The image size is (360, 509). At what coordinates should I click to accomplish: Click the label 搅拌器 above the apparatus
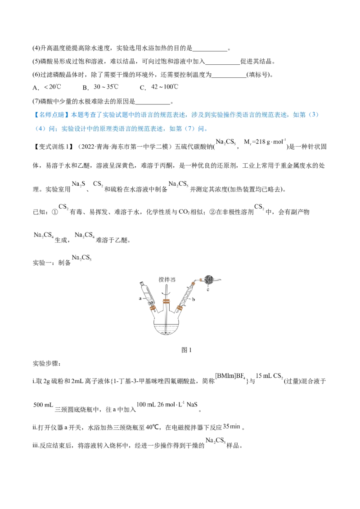click(x=167, y=279)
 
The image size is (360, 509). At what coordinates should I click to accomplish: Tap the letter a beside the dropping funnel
click(x=140, y=298)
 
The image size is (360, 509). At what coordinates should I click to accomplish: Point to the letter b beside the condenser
click(x=193, y=299)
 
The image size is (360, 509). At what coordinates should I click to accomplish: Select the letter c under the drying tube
click(x=207, y=289)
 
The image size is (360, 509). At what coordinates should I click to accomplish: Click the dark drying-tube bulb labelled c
click(x=208, y=280)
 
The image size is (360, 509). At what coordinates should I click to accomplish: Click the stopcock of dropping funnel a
click(x=151, y=303)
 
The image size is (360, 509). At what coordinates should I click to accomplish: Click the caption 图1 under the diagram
click(x=186, y=350)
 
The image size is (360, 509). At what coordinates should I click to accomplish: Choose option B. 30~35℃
click(x=100, y=87)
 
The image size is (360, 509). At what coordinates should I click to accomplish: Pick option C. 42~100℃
click(x=159, y=87)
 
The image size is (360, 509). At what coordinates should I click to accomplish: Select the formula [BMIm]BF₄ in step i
click(x=230, y=376)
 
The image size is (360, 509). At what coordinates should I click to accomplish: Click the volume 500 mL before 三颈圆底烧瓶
click(x=43, y=405)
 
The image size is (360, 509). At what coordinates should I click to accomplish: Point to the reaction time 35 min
click(x=232, y=427)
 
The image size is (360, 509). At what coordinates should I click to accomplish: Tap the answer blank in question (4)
click(x=210, y=49)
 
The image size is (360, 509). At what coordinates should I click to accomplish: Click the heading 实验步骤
click(x=47, y=364)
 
